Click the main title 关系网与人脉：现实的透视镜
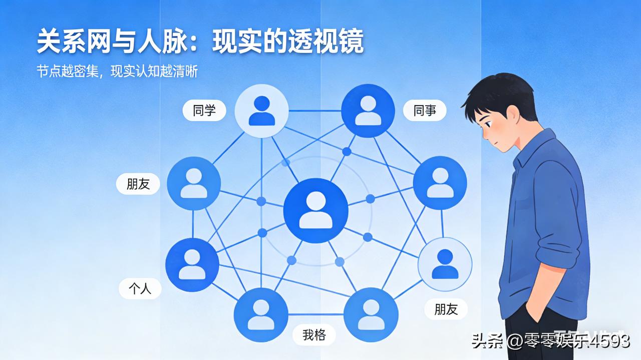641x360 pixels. click(200, 42)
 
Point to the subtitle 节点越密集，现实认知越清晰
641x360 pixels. click(117, 72)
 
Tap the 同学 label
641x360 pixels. click(204, 110)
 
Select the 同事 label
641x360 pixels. click(425, 110)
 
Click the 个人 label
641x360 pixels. click(140, 288)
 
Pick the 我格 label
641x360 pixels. click(314, 334)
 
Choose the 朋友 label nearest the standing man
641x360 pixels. click(446, 308)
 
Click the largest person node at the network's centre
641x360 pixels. click(315, 210)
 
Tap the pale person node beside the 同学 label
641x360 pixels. click(261, 111)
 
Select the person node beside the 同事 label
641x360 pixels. click(368, 111)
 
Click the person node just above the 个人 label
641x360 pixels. click(192, 264)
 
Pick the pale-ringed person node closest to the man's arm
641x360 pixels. click(445, 264)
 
